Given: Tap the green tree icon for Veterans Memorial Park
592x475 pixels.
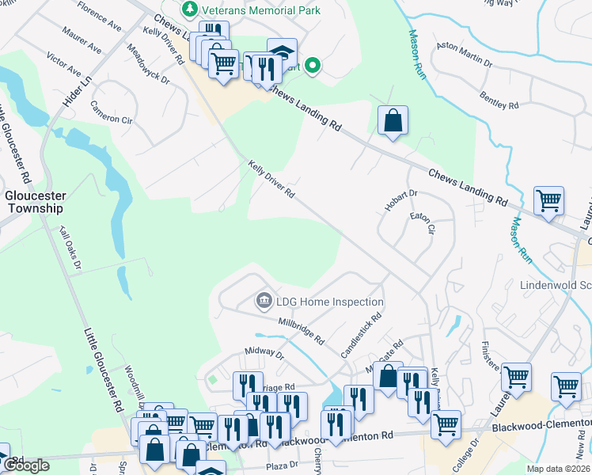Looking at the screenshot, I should [189, 10].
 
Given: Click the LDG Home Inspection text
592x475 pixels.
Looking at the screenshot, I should [329, 302].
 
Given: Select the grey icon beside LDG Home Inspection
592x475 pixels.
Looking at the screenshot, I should [263, 302].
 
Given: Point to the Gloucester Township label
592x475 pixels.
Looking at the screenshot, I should [34, 202].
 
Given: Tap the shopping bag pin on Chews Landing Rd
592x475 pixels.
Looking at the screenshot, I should [393, 122].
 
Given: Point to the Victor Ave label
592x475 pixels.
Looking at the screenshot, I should [63, 65].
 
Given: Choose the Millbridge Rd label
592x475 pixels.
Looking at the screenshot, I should [302, 332].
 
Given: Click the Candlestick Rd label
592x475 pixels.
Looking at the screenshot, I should [361, 332].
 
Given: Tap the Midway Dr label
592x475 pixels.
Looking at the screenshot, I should [264, 353].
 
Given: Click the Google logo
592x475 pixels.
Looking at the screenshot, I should [26, 465].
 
